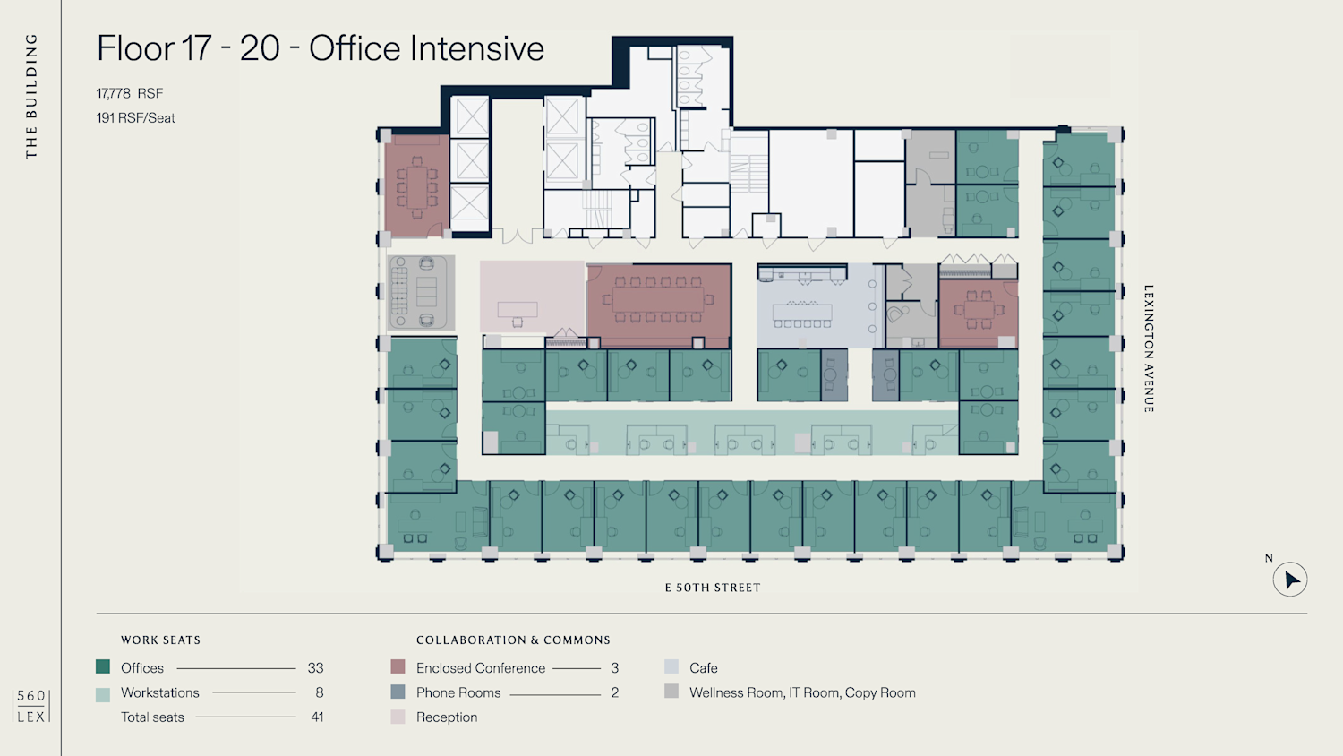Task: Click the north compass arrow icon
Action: [1290, 580]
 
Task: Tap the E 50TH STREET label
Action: [713, 588]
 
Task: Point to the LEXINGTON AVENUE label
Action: [1149, 348]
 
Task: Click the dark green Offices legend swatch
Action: [103, 666]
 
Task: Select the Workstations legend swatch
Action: [103, 694]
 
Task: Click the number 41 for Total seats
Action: [317, 717]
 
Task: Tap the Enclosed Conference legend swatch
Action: [398, 666]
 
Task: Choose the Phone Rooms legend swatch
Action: [398, 692]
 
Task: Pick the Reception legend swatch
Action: [398, 717]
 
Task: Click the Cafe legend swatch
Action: [671, 666]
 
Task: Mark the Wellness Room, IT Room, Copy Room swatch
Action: [671, 692]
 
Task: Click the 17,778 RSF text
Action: [130, 93]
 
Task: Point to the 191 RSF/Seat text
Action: [136, 118]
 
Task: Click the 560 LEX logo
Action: [31, 706]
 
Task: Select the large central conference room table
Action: [658, 299]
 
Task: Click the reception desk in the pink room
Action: [518, 310]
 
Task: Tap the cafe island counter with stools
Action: [803, 313]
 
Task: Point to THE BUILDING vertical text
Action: [31, 96]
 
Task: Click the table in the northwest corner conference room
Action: [416, 187]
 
